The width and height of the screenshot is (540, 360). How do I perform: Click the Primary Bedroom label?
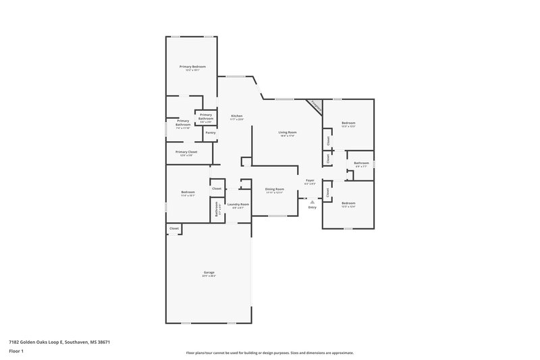tap(192, 66)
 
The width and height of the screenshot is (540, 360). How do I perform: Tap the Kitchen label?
tap(236, 115)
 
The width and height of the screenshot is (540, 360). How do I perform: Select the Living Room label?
tap(288, 132)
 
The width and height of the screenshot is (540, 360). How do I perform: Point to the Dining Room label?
tap(274, 188)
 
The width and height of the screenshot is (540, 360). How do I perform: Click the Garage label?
tap(209, 272)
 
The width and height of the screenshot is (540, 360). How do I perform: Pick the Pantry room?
tap(210, 132)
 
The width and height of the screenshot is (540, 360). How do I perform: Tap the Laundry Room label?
tap(238, 204)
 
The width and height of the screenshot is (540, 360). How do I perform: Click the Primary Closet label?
tap(186, 152)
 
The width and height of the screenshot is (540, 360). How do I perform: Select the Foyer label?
tap(310, 180)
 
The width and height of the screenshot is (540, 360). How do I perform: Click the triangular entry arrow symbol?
tap(312, 201)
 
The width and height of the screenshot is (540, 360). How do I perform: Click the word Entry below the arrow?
tap(312, 207)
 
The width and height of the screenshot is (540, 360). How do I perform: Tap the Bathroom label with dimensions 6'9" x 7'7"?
tap(361, 162)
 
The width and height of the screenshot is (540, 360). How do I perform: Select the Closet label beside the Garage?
tap(174, 229)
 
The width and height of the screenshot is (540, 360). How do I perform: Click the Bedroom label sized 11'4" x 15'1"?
tap(188, 192)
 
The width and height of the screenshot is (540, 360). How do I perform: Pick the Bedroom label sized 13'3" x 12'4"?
tap(348, 203)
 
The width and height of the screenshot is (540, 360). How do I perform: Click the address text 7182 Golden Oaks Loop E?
tap(59, 342)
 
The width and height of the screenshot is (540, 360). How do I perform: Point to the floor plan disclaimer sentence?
tap(270, 353)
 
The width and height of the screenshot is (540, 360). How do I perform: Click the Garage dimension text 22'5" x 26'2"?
tap(209, 276)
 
